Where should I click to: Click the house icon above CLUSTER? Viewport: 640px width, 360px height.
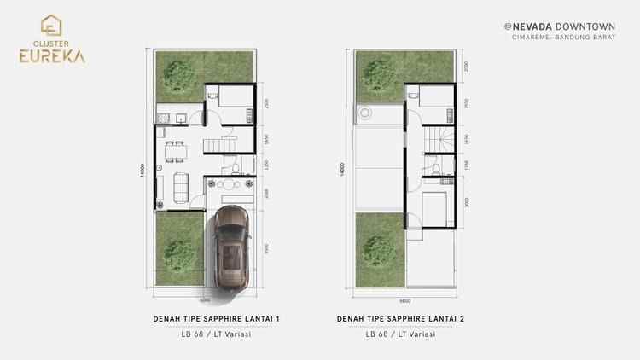click(x=49, y=23)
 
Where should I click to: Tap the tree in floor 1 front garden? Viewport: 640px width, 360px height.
click(x=179, y=252)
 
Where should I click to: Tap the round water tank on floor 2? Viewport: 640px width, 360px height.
click(x=367, y=113)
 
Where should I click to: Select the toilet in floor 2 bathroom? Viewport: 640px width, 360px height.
click(x=436, y=171)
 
